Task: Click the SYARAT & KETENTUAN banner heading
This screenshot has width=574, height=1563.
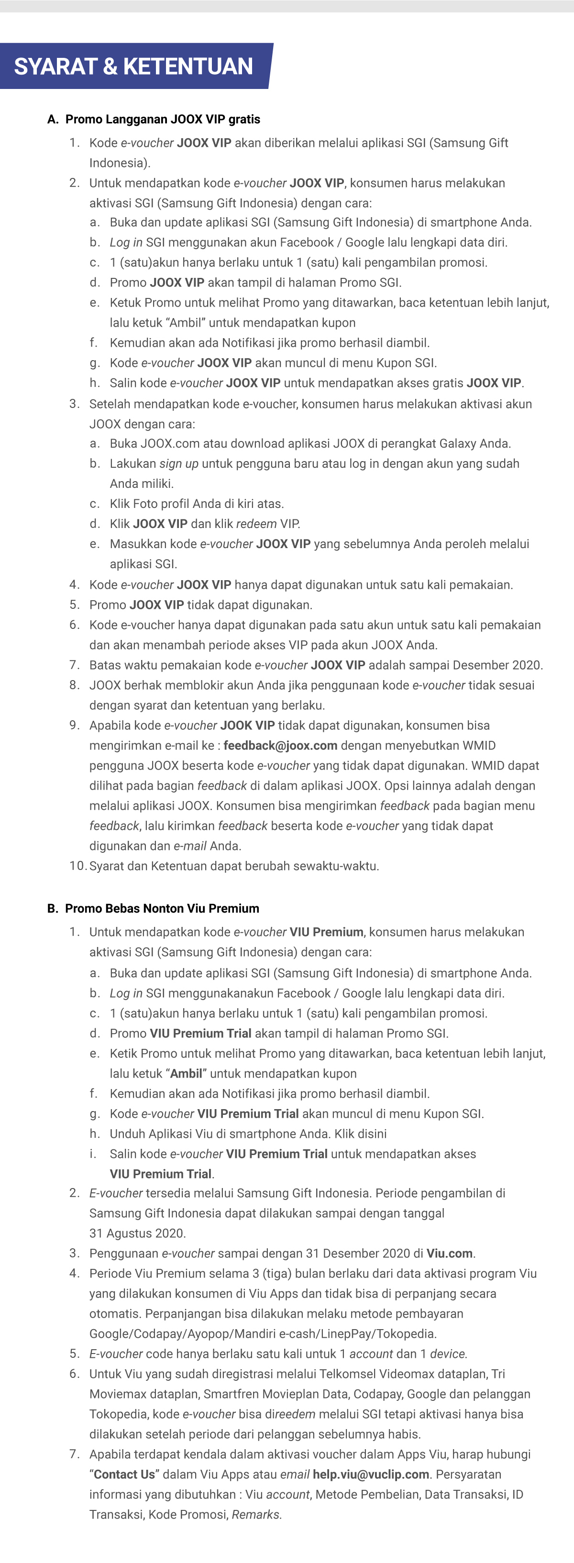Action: (133, 66)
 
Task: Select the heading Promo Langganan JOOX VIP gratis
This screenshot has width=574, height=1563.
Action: (163, 119)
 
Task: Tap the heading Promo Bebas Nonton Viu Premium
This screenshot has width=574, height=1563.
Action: (162, 908)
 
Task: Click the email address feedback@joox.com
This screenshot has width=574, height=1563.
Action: (280, 745)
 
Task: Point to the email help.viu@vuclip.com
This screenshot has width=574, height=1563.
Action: (371, 1475)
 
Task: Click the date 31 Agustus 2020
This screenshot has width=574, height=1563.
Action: (137, 1233)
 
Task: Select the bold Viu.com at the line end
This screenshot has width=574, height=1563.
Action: (450, 1253)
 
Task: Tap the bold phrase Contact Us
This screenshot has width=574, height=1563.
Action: (124, 1475)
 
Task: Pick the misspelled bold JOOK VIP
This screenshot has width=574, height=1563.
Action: (248, 725)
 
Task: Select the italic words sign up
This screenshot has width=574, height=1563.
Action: (179, 463)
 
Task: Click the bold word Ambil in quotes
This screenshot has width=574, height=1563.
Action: (186, 1073)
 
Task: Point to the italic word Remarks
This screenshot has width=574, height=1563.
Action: (256, 1515)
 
